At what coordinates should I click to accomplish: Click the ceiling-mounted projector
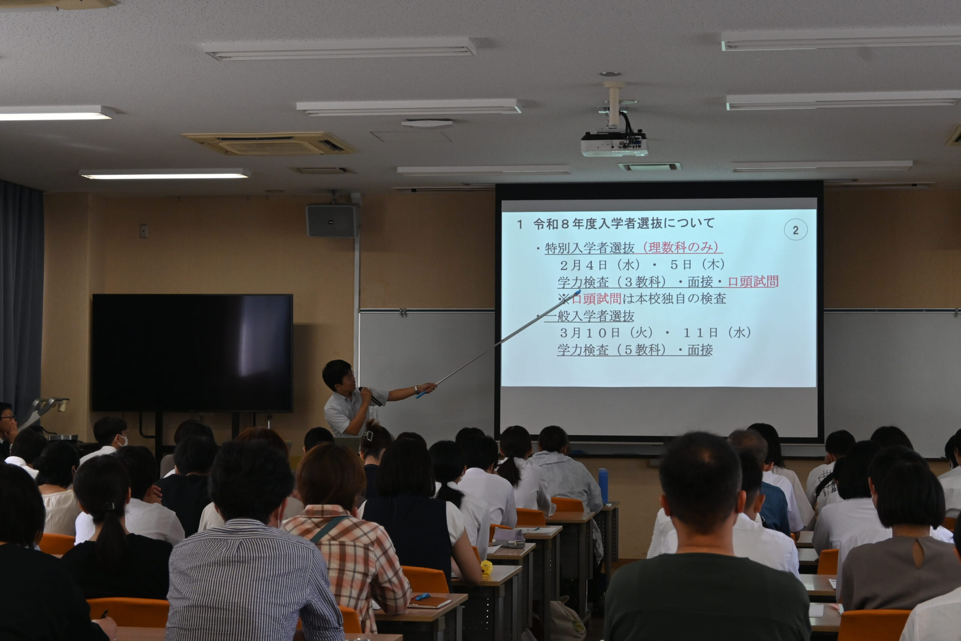pyautogui.click(x=614, y=143)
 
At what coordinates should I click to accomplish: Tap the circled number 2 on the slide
pyautogui.click(x=795, y=230)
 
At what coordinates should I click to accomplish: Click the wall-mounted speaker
pyautogui.click(x=332, y=221)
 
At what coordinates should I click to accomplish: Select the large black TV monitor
pyautogui.click(x=192, y=352)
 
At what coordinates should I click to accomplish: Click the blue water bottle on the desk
pyautogui.click(x=603, y=486)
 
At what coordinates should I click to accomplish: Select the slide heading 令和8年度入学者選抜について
pyautogui.click(x=624, y=223)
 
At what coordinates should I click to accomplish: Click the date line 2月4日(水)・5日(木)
pyautogui.click(x=642, y=265)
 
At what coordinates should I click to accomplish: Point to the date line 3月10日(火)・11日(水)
pyautogui.click(x=655, y=333)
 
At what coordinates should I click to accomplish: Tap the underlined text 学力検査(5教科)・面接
pyautogui.click(x=635, y=350)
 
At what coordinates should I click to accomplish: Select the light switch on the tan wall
pyautogui.click(x=143, y=231)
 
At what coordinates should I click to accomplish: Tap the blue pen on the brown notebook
pyautogui.click(x=422, y=596)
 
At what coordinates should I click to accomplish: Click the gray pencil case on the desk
pyautogui.click(x=509, y=538)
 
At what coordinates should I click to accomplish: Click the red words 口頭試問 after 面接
pyautogui.click(x=753, y=282)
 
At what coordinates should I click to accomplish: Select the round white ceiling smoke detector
pyautogui.click(x=427, y=123)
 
